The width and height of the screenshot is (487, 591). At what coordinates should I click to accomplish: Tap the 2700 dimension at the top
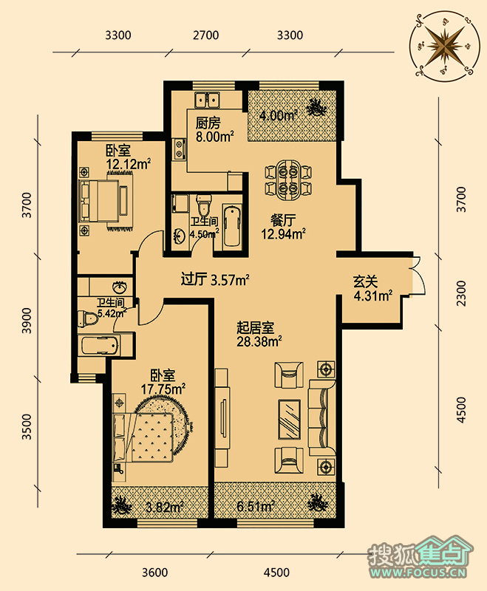click(x=205, y=35)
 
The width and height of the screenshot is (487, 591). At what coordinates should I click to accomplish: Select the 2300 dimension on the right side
click(x=461, y=293)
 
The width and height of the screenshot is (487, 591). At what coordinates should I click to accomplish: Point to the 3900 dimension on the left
click(x=27, y=321)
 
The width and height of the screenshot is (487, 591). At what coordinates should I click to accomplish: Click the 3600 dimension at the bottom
click(x=155, y=573)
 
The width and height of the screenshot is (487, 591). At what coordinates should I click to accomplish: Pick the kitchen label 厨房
click(x=208, y=123)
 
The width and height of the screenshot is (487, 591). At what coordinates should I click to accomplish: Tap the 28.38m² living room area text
click(x=259, y=342)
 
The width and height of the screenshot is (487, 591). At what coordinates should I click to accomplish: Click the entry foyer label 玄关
click(x=365, y=282)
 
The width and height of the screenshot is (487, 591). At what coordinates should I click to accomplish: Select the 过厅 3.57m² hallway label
click(x=215, y=280)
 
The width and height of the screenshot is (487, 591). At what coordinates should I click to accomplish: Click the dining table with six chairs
click(x=288, y=180)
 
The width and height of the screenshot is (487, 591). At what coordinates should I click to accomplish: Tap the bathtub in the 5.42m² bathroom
click(x=100, y=345)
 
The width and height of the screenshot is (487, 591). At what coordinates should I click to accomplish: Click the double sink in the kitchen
click(x=207, y=100)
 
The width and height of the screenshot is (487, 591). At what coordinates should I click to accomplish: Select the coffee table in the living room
click(x=289, y=419)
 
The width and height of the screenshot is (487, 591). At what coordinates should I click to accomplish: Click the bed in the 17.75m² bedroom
click(x=144, y=437)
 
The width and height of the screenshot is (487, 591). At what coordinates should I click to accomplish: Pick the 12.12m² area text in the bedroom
click(x=129, y=164)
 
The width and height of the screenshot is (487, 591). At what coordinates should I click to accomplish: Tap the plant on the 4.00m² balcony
click(x=316, y=108)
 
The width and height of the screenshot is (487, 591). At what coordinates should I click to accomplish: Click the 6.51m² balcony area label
click(x=255, y=506)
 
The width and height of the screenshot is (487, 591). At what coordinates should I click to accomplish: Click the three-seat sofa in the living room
click(x=321, y=414)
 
